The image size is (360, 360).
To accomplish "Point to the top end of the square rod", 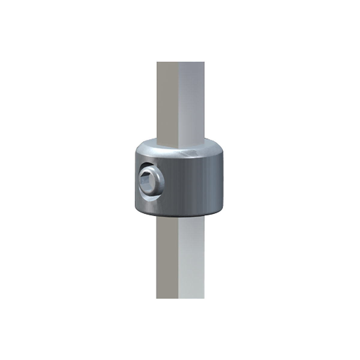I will (180, 63).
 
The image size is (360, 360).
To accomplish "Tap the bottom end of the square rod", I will (180, 298).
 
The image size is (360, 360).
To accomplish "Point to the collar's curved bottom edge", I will (180, 215).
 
